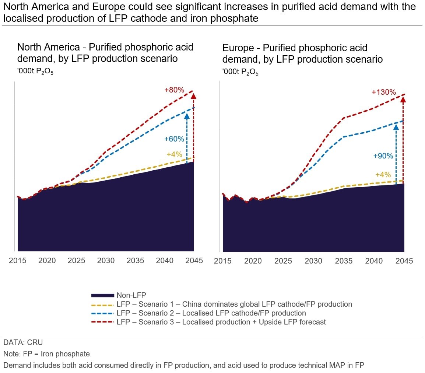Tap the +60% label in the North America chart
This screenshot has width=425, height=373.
point(174,139)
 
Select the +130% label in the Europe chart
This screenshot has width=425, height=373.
point(384,92)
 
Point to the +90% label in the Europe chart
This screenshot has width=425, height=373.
point(383,156)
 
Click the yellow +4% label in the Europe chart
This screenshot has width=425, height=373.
point(383,175)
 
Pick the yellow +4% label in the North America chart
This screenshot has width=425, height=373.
point(174,155)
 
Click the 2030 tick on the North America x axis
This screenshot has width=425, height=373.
point(106,261)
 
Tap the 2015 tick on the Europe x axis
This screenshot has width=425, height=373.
point(222,261)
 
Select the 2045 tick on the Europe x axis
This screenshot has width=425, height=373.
point(404,261)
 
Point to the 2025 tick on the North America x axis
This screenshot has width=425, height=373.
point(76,261)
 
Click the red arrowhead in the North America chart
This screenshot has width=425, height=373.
point(194,96)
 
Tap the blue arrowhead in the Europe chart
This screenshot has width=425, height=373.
point(396,127)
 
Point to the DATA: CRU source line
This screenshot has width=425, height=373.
point(23,343)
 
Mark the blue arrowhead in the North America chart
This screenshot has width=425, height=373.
point(187,116)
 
